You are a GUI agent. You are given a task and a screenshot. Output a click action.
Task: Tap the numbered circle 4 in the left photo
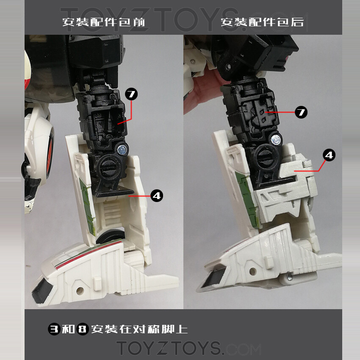[157, 196]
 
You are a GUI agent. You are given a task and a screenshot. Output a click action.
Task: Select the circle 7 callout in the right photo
[301, 112]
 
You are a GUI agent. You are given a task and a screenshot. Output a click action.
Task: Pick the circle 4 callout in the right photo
[329, 155]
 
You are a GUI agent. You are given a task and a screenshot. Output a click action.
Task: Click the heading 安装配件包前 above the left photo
[104, 22]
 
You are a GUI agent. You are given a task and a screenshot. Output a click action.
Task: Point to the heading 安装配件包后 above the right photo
[262, 22]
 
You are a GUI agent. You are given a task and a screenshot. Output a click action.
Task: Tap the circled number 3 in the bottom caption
[54, 330]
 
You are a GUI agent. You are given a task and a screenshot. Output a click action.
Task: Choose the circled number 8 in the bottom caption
[83, 330]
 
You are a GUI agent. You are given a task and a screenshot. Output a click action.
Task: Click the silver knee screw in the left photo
[122, 148]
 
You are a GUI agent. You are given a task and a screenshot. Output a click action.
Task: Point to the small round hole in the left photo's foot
[80, 291]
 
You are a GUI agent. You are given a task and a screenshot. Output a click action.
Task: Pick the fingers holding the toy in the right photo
[199, 91]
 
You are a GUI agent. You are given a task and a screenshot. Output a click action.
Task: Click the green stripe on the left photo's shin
[85, 199]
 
